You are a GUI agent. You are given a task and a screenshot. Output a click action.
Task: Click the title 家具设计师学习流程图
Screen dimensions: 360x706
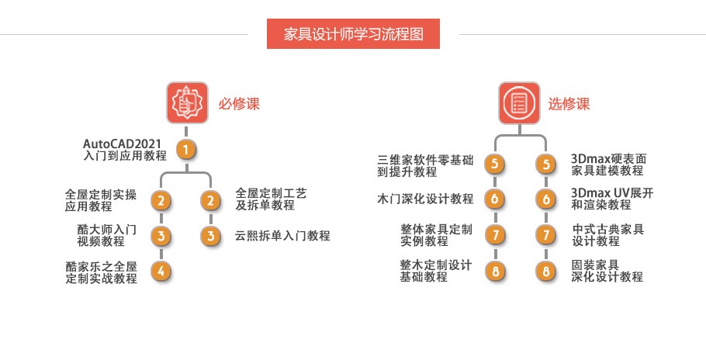click(x=353, y=34)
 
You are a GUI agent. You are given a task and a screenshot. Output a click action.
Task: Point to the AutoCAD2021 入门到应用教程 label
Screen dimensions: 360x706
click(x=125, y=149)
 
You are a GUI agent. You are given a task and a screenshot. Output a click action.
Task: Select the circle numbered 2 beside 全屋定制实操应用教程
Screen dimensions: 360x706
click(x=161, y=201)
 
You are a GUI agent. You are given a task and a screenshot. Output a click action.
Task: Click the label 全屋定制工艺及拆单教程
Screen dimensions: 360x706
click(x=271, y=199)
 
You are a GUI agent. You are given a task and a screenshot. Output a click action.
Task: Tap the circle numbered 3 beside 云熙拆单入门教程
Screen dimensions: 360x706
click(x=210, y=236)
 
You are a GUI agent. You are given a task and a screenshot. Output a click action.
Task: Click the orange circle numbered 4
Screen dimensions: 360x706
click(x=161, y=271)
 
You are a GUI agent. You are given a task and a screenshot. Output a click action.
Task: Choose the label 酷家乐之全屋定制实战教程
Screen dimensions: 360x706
click(x=102, y=272)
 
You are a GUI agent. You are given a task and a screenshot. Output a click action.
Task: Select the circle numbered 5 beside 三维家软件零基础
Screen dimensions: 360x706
click(x=494, y=164)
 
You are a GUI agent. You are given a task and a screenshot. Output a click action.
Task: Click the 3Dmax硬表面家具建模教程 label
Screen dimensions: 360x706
click(x=607, y=164)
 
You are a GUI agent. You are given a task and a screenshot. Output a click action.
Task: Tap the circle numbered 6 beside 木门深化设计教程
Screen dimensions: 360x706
click(x=494, y=199)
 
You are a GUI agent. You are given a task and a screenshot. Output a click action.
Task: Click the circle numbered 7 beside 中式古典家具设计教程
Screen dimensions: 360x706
click(x=547, y=234)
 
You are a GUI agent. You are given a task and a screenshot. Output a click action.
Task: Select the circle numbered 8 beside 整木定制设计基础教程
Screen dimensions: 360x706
click(x=494, y=271)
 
